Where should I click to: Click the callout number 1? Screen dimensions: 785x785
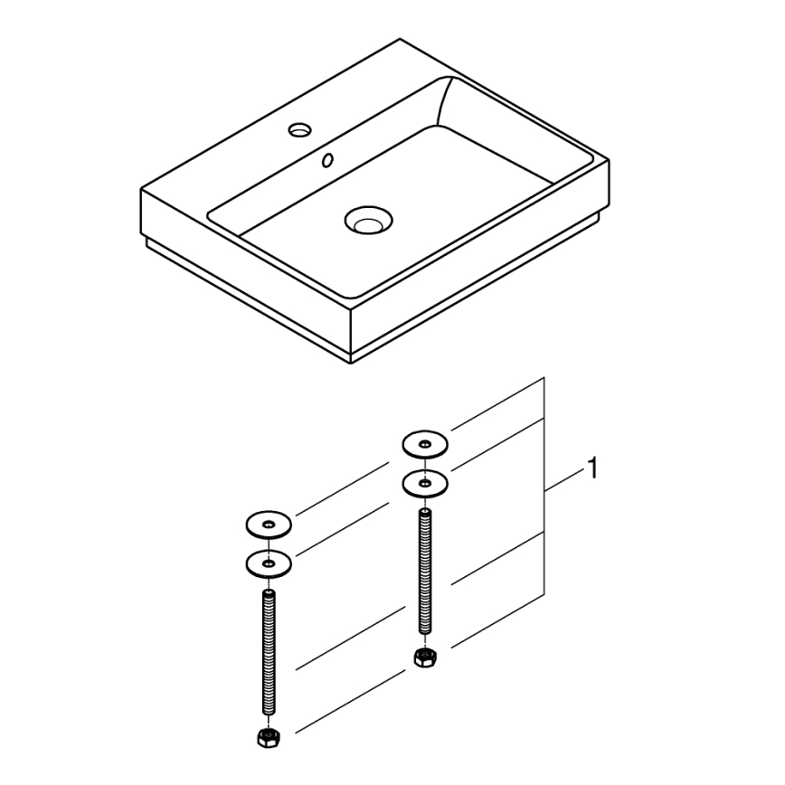point(591,470)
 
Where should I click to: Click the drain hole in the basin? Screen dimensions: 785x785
point(367,219)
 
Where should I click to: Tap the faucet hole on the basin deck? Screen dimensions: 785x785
point(299,131)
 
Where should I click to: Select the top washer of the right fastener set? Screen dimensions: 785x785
point(425,445)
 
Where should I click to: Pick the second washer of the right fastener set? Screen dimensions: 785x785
point(425,483)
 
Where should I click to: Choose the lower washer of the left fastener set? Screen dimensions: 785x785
point(269,563)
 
